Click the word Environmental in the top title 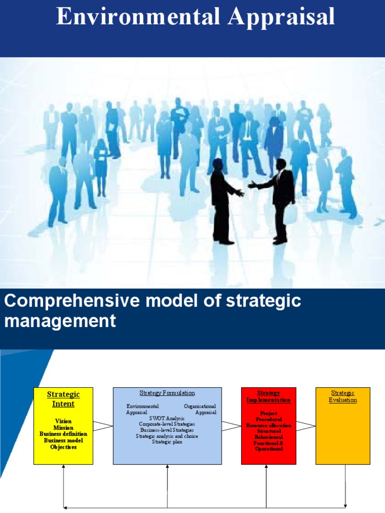click(x=138, y=17)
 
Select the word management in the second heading click(x=60, y=321)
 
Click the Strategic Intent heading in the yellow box click(x=63, y=399)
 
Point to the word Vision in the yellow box click(x=63, y=421)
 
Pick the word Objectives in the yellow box click(x=63, y=447)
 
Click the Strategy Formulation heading click(x=167, y=393)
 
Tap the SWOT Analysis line click(x=167, y=418)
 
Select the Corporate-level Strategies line click(x=167, y=424)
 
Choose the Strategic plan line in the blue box click(x=167, y=442)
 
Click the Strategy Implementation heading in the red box click(x=268, y=397)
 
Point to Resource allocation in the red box click(x=269, y=425)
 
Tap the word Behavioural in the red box click(x=269, y=437)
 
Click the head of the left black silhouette click(x=218, y=164)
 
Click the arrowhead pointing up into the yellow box click(x=64, y=466)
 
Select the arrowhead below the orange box click(x=345, y=505)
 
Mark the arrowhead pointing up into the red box click(x=267, y=466)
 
